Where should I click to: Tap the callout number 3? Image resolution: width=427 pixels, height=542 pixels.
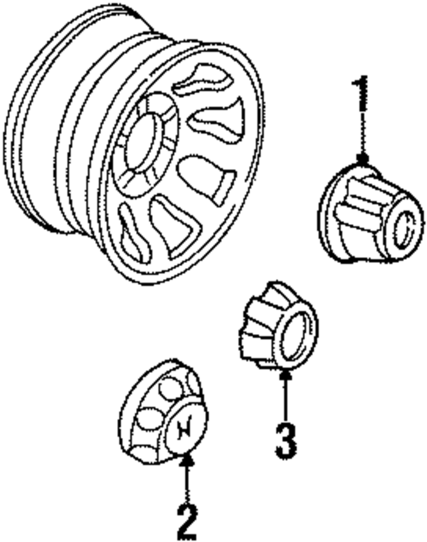pyautogui.click(x=286, y=440)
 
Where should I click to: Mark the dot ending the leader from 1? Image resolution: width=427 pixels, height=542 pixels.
pyautogui.click(x=363, y=159)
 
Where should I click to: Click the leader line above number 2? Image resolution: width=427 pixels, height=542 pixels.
pyautogui.click(x=187, y=483)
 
